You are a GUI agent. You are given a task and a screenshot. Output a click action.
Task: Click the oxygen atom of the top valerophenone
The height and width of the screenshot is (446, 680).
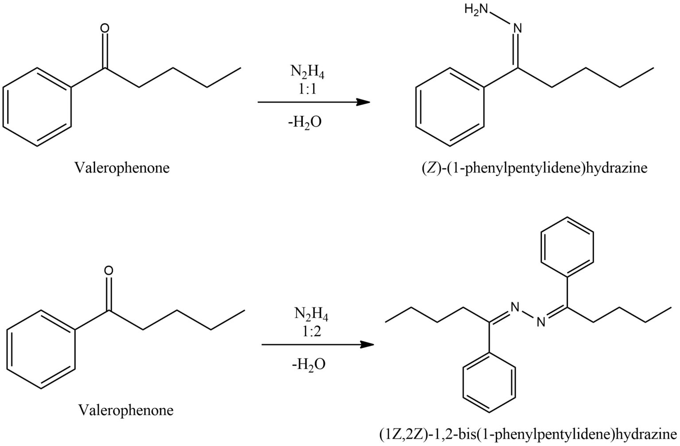click(x=104, y=29)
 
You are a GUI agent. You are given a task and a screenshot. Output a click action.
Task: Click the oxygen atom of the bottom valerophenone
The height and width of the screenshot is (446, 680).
click(x=108, y=271)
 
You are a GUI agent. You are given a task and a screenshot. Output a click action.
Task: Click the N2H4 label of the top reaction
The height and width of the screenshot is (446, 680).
click(x=307, y=72)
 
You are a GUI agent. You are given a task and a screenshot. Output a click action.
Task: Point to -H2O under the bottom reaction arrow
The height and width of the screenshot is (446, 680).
click(x=309, y=364)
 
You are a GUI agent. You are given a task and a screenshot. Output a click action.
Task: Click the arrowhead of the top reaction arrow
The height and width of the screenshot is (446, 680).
click(x=364, y=102)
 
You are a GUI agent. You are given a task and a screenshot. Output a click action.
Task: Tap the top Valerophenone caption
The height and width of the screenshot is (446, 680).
click(x=122, y=168)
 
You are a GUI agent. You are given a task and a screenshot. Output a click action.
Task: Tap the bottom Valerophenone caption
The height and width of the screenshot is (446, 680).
click(x=126, y=411)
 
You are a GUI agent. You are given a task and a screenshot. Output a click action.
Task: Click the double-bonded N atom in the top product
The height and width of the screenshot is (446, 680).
click(x=517, y=29)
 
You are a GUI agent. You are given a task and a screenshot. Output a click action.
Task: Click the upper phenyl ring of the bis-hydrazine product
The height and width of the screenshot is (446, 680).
click(x=568, y=248)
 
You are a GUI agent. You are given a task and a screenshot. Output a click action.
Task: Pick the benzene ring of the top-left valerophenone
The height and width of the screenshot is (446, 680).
click(x=37, y=107)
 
